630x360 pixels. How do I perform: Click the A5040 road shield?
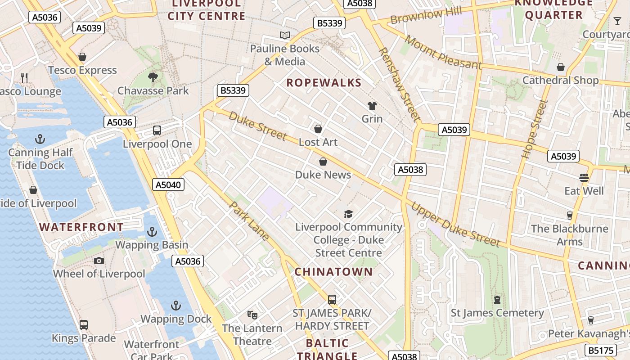click(168, 184)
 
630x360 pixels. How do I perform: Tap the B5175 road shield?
click(601, 350)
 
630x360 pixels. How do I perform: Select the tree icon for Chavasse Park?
click(153, 77)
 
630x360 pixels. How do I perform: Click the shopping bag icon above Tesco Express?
click(82, 57)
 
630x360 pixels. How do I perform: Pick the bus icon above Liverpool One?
click(157, 130)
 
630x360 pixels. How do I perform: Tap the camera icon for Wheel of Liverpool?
click(99, 261)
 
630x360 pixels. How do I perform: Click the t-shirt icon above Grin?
click(372, 106)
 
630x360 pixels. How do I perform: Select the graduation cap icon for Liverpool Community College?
click(349, 214)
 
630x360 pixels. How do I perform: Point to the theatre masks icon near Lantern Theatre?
click(252, 315)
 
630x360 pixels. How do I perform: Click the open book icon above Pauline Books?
click(284, 35)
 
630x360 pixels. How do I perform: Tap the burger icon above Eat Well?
click(584, 177)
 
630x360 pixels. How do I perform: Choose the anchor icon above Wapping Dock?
click(176, 306)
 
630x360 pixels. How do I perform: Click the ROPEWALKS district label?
click(324, 83)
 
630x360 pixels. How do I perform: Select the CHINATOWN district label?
click(334, 272)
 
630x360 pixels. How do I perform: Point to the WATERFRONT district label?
click(81, 227)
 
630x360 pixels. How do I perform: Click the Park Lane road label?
click(250, 221)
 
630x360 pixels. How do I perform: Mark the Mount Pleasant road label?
click(443, 52)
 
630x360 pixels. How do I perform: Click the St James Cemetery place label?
click(497, 313)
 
